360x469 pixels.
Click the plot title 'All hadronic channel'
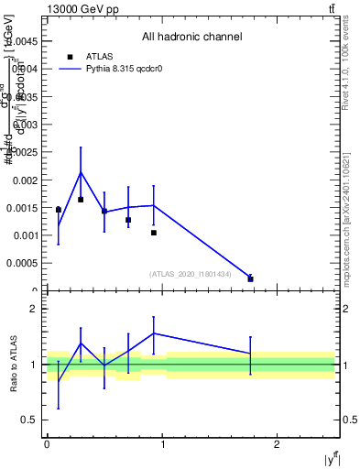[191, 38]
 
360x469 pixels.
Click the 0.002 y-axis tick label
[26, 180]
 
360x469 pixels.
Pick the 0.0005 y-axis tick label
[22, 264]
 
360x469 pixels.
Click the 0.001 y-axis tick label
[26, 236]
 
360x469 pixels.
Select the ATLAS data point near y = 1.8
[250, 278]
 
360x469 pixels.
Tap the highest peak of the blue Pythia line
[81, 172]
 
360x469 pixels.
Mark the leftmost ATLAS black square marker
[58, 210]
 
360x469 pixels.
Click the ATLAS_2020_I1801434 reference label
[190, 274]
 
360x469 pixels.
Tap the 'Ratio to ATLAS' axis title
[12, 364]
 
